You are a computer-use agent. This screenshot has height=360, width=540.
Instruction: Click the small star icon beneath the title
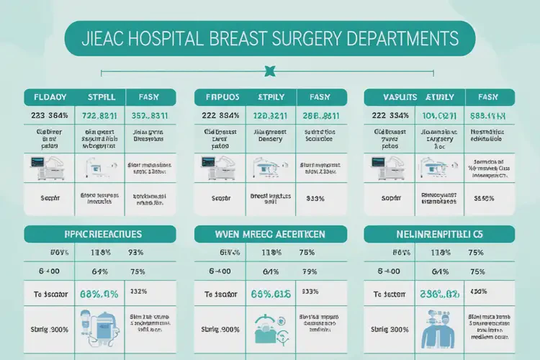pos(270,71)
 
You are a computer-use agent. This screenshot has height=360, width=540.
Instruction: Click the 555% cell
pos(485,198)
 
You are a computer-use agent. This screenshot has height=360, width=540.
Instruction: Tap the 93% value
pos(137,253)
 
